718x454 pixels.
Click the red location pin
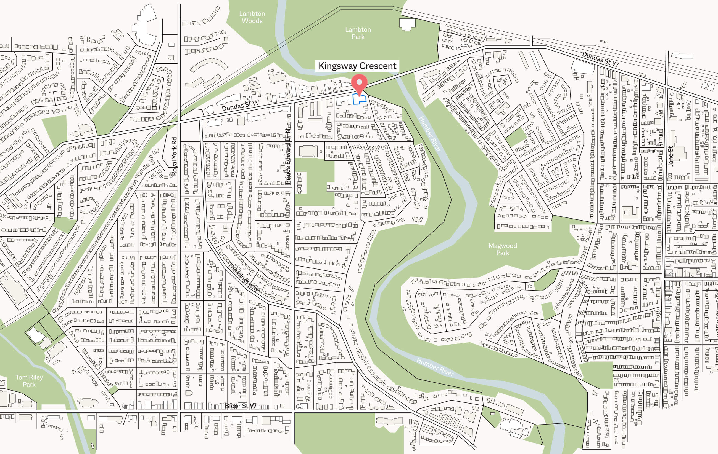pyautogui.click(x=359, y=84)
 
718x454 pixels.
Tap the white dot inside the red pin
pyautogui.click(x=359, y=82)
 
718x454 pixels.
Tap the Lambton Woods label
pyautogui.click(x=252, y=17)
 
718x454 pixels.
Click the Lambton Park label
pyautogui.click(x=358, y=33)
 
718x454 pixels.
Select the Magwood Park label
pyautogui.click(x=502, y=249)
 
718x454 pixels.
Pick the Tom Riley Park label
pyautogui.click(x=29, y=381)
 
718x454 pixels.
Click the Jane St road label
pyautogui.click(x=670, y=156)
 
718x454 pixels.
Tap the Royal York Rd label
pyautogui.click(x=174, y=156)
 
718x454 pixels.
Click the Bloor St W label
pyautogui.click(x=240, y=406)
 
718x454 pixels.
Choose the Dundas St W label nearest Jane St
pyautogui.click(x=600, y=59)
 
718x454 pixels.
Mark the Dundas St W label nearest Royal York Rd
pyautogui.click(x=240, y=106)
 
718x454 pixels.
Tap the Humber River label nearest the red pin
pyautogui.click(x=430, y=134)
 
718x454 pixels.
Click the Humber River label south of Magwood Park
pyautogui.click(x=435, y=367)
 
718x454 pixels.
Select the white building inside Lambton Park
pyautogui.click(x=407, y=24)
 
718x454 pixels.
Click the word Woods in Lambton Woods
pyautogui.click(x=252, y=21)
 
